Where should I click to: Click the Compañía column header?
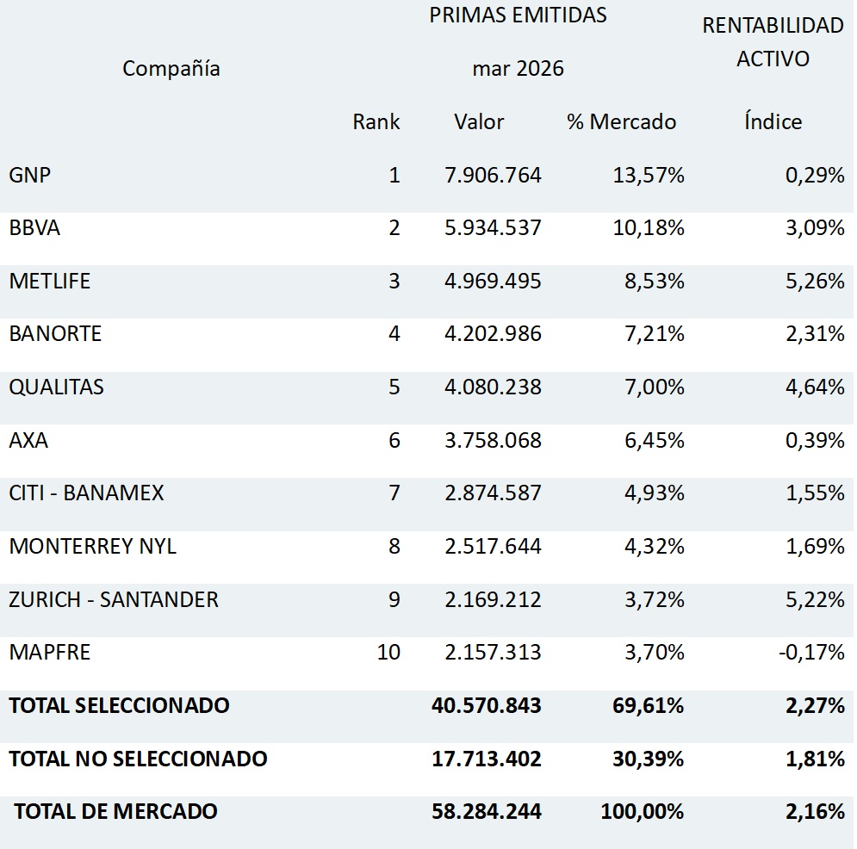(x=171, y=69)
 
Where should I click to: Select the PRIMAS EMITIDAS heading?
(x=518, y=15)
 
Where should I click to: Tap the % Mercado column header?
(x=622, y=121)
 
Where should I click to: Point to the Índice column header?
(x=773, y=121)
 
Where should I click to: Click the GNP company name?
(x=30, y=175)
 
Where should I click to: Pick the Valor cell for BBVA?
(x=493, y=228)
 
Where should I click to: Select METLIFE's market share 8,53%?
(x=655, y=281)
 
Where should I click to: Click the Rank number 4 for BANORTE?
(x=394, y=334)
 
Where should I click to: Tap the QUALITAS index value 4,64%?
(x=815, y=387)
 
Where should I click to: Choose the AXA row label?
(x=28, y=440)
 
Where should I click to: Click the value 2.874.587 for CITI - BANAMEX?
(x=493, y=493)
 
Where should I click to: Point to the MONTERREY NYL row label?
(x=93, y=546)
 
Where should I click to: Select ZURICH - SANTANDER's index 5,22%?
(x=815, y=599)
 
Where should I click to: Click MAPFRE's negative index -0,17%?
(x=811, y=653)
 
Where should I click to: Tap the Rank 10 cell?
(x=388, y=653)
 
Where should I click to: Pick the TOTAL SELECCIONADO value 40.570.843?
(x=487, y=705)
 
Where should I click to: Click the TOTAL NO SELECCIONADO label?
(x=139, y=759)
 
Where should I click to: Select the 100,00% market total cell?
(x=643, y=811)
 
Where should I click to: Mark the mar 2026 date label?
(x=518, y=69)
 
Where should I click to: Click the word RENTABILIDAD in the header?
(x=773, y=26)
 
